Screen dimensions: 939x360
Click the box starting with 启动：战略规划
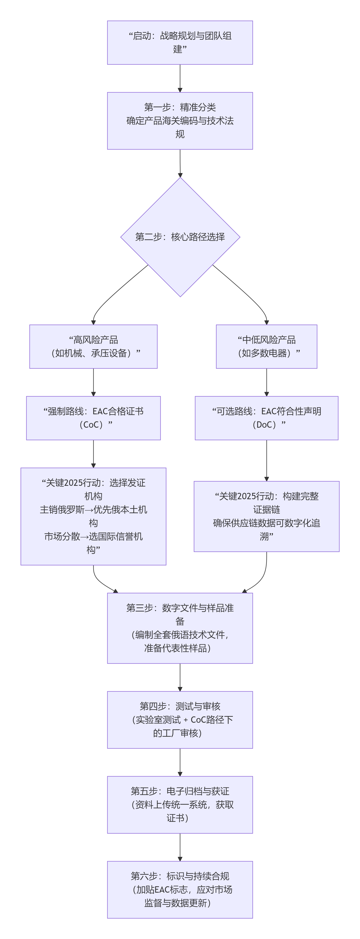[x=180, y=43]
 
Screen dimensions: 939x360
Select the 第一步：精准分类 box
[x=180, y=121]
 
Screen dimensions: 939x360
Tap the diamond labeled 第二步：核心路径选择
[x=180, y=237]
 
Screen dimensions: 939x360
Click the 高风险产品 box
[x=93, y=346]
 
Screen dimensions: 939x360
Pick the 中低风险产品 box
[x=266, y=346]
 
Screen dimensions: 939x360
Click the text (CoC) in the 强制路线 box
[x=93, y=425]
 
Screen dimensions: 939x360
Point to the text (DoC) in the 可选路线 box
[x=266, y=425]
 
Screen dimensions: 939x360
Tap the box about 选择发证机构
[x=93, y=516]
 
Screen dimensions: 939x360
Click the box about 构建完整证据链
[x=266, y=516]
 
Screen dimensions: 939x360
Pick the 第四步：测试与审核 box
[x=180, y=720]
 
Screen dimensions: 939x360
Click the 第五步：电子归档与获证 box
[x=180, y=805]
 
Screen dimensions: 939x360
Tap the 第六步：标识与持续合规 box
[x=180, y=889]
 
